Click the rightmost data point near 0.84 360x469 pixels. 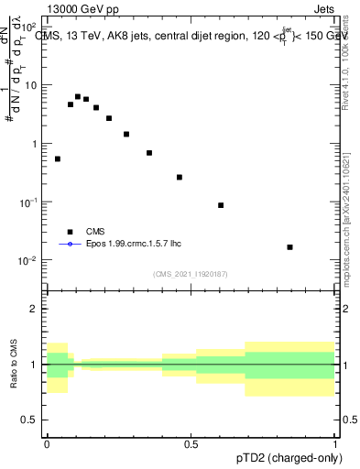point(289,247)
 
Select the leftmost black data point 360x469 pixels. point(58,158)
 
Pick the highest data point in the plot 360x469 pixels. point(78,96)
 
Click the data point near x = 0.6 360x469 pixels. point(221,205)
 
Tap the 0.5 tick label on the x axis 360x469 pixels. point(191,442)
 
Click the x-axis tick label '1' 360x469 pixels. point(335,442)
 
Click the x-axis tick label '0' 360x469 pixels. point(47,442)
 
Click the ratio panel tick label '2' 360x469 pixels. point(35,309)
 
